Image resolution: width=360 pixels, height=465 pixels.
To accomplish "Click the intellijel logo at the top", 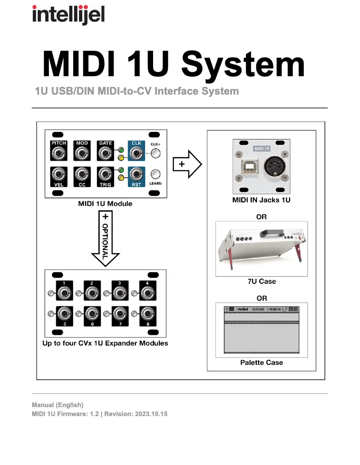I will [68, 14].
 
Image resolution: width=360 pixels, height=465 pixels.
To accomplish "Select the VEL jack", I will [58, 174].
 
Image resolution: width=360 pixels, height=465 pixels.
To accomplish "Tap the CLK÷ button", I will [155, 154].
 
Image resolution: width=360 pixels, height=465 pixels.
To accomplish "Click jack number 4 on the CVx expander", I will [146, 294].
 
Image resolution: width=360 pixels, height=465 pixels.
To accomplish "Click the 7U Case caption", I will [261, 282].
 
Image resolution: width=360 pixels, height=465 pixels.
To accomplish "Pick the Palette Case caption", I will [261, 362].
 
